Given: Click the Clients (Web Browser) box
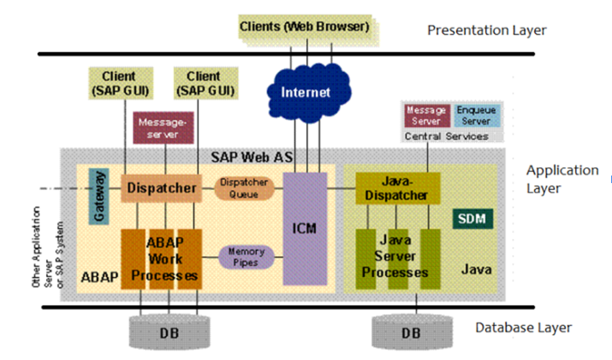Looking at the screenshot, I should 304,27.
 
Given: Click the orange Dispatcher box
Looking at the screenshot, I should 161,187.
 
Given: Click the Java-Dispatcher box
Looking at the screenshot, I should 397,188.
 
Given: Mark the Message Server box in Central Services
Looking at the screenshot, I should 426,115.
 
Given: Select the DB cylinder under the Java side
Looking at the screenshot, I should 411,333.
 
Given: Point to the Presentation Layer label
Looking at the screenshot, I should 487,30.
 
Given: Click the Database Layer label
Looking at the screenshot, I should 524,328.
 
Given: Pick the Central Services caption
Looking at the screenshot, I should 446,136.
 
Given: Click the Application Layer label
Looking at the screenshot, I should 562,179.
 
